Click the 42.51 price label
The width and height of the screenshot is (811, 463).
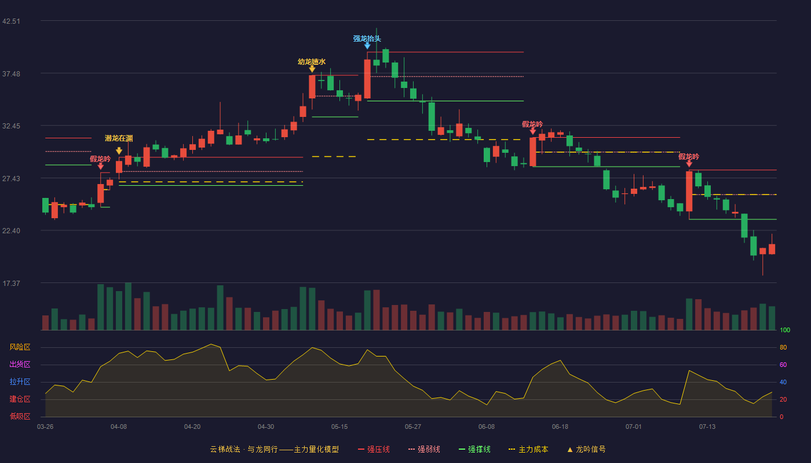[x=11, y=21]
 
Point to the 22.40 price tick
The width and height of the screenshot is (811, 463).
[x=11, y=231]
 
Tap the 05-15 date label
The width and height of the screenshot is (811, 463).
[x=339, y=427]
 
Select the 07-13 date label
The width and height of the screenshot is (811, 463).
[x=707, y=427]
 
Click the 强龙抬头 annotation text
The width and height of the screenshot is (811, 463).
[x=367, y=38]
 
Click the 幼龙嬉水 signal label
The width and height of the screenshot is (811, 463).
[x=312, y=62]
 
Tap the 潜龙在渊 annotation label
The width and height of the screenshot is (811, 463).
[x=119, y=138]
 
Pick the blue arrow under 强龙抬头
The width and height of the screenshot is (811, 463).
[x=367, y=46]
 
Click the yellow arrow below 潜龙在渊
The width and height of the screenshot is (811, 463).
[x=119, y=151]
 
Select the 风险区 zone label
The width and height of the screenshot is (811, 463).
[x=20, y=347]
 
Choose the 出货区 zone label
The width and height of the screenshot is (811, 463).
[x=20, y=364]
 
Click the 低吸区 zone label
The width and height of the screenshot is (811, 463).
[x=20, y=416]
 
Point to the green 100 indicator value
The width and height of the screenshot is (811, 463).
[x=785, y=330]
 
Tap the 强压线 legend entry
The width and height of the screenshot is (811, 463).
[x=374, y=449]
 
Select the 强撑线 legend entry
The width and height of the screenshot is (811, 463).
[x=474, y=449]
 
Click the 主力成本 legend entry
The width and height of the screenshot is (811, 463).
[x=528, y=449]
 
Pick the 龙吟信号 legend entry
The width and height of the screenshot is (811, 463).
[x=586, y=449]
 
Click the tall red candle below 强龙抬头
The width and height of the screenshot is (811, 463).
[x=367, y=79]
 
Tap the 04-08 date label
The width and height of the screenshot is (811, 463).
[x=119, y=427]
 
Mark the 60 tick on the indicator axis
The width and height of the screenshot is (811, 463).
[x=783, y=365]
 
